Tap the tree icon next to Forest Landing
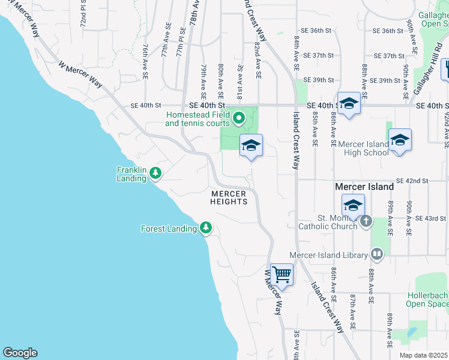(x=206, y=228)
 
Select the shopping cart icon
(x=282, y=275)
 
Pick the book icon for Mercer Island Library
(x=377, y=255)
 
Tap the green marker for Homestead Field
(x=239, y=118)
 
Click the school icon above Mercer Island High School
(x=400, y=140)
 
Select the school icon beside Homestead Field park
(x=251, y=145)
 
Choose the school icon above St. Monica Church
(x=353, y=205)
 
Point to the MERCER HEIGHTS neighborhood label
(x=229, y=197)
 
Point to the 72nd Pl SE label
(x=83, y=15)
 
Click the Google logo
(x=20, y=353)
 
